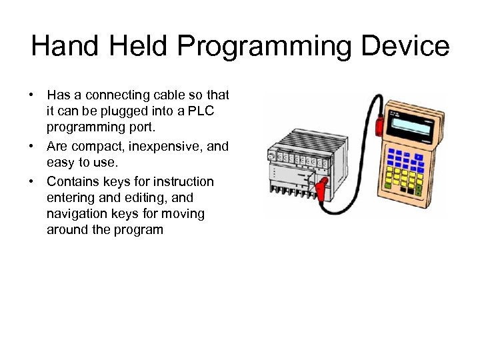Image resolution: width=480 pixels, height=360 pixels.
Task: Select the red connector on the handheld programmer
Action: (x=381, y=124)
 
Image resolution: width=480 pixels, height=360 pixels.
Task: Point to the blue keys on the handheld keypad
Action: (x=406, y=159)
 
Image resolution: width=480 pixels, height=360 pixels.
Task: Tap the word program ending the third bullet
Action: (x=137, y=230)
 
